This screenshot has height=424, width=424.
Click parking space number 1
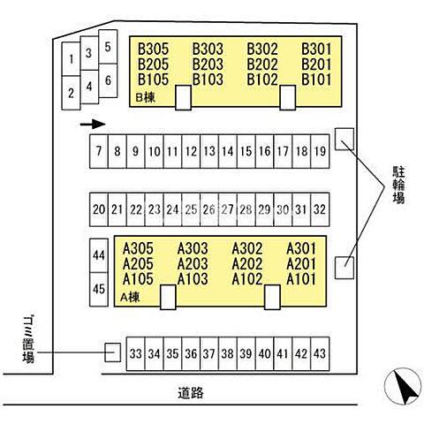click(x=71, y=59)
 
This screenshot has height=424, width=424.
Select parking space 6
click(x=108, y=80)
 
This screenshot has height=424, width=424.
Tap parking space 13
click(x=209, y=151)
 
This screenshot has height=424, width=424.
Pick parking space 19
click(x=320, y=151)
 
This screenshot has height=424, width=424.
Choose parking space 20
click(x=99, y=209)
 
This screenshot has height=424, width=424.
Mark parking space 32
click(x=320, y=209)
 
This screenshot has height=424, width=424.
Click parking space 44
click(x=99, y=255)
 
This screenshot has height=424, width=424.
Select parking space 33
click(x=136, y=353)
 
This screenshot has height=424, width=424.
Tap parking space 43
click(x=320, y=353)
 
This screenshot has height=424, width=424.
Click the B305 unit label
click(x=153, y=49)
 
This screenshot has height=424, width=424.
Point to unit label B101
click(x=316, y=79)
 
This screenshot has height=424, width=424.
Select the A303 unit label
click(x=193, y=248)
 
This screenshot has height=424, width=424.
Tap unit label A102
click(x=247, y=279)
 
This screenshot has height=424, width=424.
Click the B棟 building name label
click(x=145, y=97)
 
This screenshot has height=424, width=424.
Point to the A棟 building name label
click(x=130, y=297)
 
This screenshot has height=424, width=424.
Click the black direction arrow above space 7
click(x=93, y=124)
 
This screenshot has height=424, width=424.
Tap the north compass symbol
click(x=403, y=386)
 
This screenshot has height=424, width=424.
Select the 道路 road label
click(x=191, y=393)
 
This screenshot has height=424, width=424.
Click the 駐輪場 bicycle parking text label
click(x=398, y=185)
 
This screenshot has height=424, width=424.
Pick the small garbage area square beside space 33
click(x=113, y=352)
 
